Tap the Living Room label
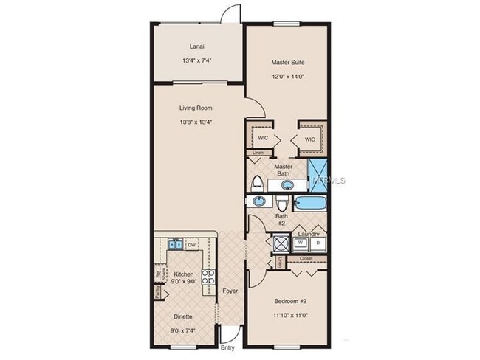(x=196, y=108)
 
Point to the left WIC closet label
(x=262, y=139)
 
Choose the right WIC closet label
(x=309, y=139)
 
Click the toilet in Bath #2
(x=283, y=204)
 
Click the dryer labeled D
(x=318, y=243)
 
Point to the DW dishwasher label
(x=191, y=244)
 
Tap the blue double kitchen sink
(x=176, y=244)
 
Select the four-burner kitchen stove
(x=208, y=278)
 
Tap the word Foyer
(x=230, y=291)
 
